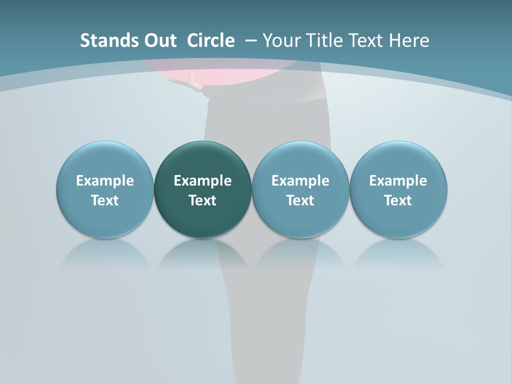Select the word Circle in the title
(211, 41)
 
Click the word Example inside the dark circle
(203, 181)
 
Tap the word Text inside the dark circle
(203, 201)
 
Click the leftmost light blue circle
(105, 160)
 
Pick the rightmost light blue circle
(398, 160)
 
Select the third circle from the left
(300, 160)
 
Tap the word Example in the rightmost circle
(398, 181)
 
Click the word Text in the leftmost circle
(105, 201)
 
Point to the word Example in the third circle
(300, 181)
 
